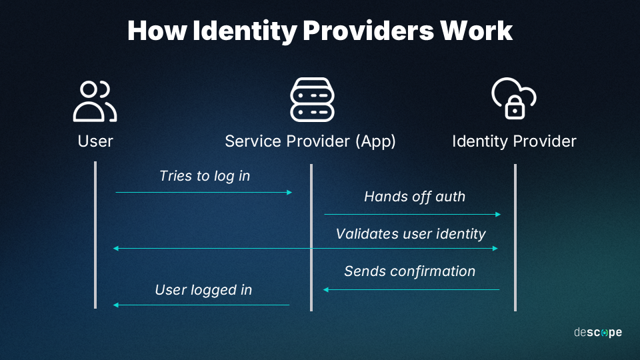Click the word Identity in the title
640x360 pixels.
coord(245,31)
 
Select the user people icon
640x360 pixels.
coord(95,101)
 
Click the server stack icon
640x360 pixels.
coord(312,99)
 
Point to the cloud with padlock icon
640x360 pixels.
coord(514,99)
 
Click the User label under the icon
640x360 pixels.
coord(95,141)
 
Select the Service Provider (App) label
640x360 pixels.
coord(310,141)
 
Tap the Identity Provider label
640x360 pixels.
coord(514,141)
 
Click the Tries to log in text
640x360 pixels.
coord(205,176)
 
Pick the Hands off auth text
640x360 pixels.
coord(414,197)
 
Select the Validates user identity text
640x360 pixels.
coord(411,234)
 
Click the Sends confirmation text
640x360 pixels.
coord(410,271)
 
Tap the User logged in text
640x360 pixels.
coord(203,290)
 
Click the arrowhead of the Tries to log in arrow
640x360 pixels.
coord(289,192)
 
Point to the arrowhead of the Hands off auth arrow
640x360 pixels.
coord(498,214)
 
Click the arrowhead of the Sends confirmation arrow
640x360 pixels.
coord(326,290)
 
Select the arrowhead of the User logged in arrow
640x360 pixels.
coord(116,305)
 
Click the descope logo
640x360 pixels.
coord(598,333)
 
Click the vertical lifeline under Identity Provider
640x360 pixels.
coord(515,237)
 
